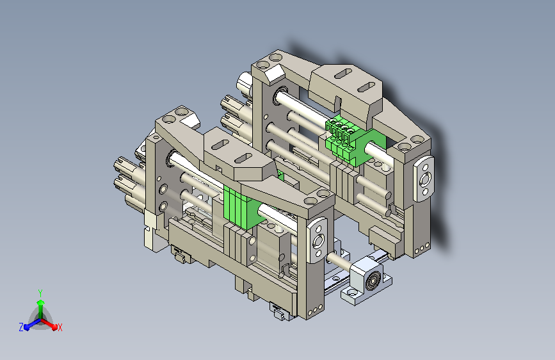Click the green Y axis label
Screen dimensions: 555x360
(x=40, y=293)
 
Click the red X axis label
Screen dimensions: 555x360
(x=60, y=327)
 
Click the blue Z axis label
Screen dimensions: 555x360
(x=21, y=327)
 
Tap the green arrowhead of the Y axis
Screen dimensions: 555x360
(x=41, y=302)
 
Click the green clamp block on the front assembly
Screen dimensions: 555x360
(x=245, y=208)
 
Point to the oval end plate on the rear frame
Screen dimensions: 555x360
(x=424, y=178)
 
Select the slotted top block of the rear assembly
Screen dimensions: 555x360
(x=345, y=90)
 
